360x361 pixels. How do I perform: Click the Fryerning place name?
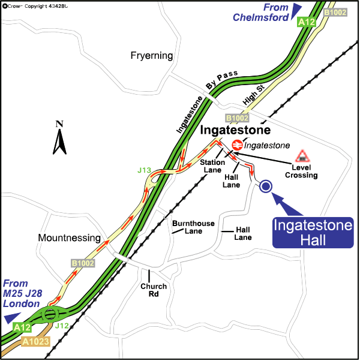pyautogui.click(x=151, y=56)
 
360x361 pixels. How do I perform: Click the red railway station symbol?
pyautogui.click(x=237, y=145)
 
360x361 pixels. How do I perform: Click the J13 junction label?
pyautogui.click(x=144, y=171)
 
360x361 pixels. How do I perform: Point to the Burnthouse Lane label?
pyautogui.click(x=193, y=227)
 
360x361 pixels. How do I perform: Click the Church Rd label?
pyautogui.click(x=154, y=290)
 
